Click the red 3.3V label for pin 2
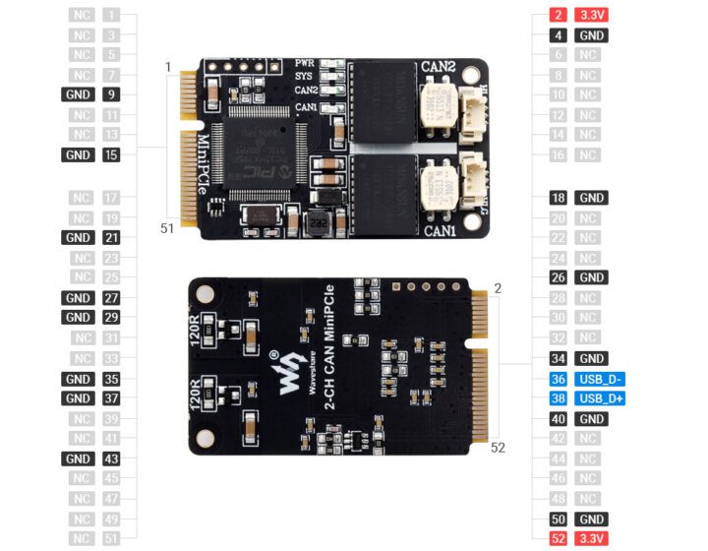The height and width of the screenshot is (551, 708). pos(592,16)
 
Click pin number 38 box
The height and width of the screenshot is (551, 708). pos(559,399)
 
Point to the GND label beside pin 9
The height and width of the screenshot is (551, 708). pos(77,95)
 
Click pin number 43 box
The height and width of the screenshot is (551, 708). pos(110,459)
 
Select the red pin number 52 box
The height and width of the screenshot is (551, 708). pos(559,539)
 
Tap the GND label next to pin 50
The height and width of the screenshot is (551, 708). pos(592,520)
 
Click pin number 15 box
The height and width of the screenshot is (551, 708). pos(110,154)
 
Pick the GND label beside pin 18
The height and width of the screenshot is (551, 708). pos(592,197)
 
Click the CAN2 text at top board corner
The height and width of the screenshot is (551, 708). pos(439,67)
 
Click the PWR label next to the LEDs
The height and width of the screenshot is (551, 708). pos(305,63)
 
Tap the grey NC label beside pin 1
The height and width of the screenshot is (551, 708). pos(83,16)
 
